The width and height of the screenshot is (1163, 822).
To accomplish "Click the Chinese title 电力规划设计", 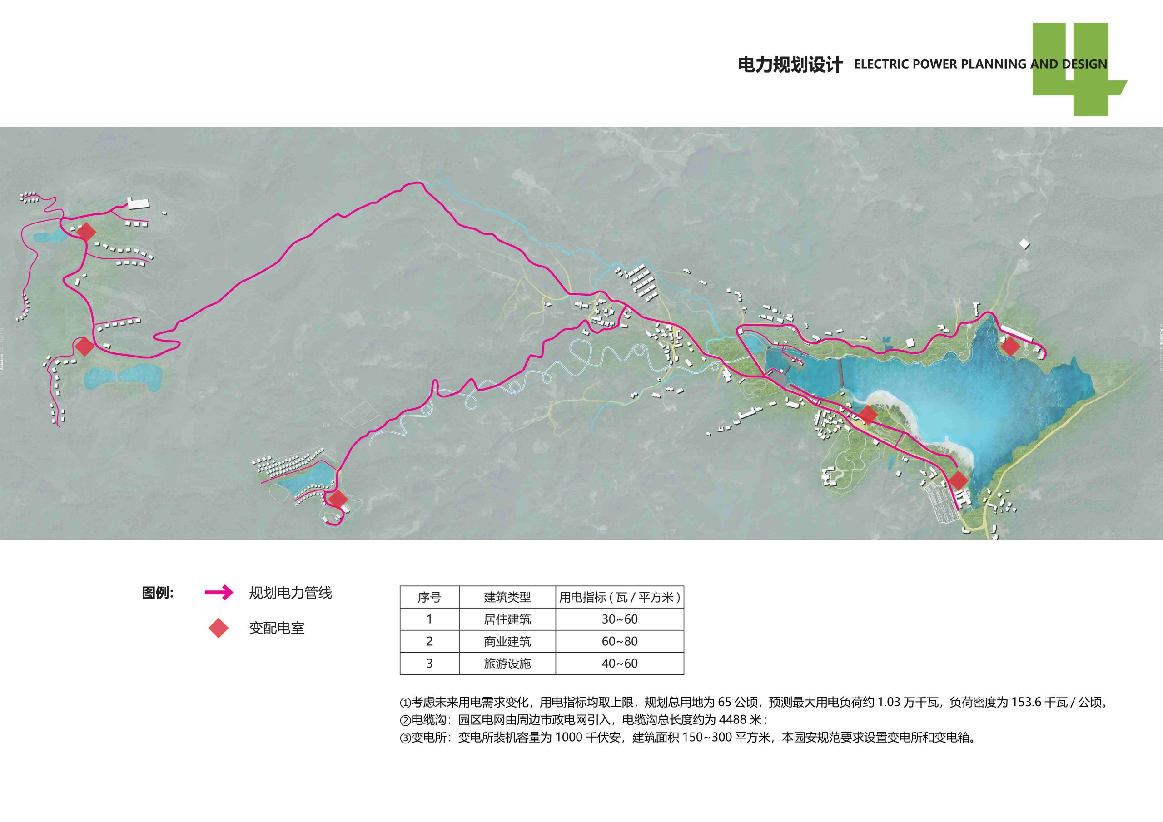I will pyautogui.click(x=790, y=65).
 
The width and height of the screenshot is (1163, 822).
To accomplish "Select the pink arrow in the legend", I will pyautogui.click(x=219, y=592).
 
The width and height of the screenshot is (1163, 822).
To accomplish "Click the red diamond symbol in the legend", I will pyautogui.click(x=219, y=628).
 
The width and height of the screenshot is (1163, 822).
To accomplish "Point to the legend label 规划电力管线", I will pyautogui.click(x=290, y=593).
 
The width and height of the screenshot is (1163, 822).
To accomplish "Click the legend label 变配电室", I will pyautogui.click(x=277, y=629).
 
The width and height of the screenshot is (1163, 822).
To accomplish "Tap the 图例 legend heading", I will pyautogui.click(x=158, y=593).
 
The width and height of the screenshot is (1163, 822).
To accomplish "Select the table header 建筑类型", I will pyautogui.click(x=507, y=597).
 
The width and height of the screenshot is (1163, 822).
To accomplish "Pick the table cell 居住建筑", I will pyautogui.click(x=507, y=619).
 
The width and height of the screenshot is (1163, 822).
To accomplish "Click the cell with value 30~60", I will pyautogui.click(x=620, y=619).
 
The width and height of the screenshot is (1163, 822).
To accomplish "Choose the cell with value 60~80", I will pyautogui.click(x=620, y=641).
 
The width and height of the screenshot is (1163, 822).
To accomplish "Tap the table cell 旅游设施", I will pyautogui.click(x=507, y=664).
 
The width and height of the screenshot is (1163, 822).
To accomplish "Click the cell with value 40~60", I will pyautogui.click(x=620, y=664).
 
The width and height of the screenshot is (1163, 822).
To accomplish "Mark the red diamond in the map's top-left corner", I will pyautogui.click(x=87, y=232).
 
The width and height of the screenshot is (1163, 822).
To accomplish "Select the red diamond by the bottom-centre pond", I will pyautogui.click(x=338, y=499).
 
